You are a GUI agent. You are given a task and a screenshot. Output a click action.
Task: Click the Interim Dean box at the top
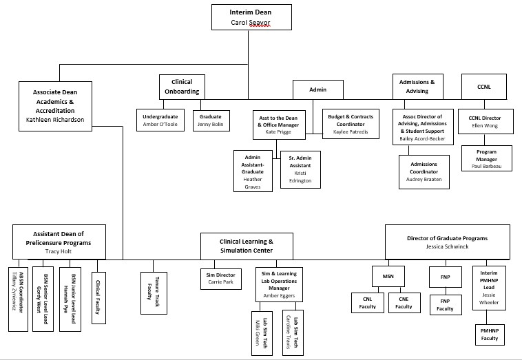click(251, 17)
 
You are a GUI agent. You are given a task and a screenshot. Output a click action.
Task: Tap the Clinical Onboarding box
click(182, 87)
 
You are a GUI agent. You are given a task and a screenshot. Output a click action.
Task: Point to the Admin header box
click(317, 90)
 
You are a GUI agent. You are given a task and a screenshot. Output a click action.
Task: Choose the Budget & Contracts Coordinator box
click(351, 125)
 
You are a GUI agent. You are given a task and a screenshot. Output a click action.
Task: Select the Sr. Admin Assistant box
click(300, 169)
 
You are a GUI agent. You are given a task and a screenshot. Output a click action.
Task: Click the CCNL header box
click(483, 87)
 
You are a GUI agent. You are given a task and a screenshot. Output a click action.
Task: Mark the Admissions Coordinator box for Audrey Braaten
click(424, 172)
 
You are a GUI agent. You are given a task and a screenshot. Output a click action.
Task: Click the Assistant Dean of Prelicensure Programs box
click(59, 242)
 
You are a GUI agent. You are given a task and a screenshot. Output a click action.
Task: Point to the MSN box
click(388, 276)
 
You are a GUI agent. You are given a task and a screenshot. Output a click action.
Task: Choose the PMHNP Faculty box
click(489, 334)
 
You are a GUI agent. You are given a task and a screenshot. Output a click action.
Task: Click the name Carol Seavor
click(251, 23)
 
